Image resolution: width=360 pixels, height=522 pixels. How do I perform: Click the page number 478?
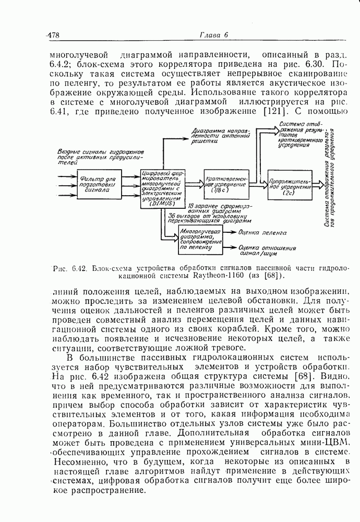53,35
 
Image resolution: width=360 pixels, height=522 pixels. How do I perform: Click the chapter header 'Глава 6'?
214,35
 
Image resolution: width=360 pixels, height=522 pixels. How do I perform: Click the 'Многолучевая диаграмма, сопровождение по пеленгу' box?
199,240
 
